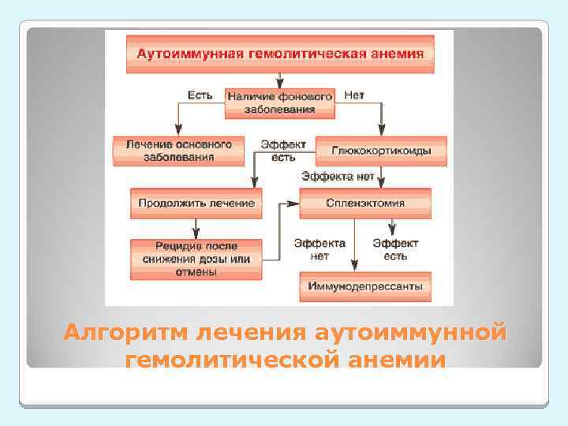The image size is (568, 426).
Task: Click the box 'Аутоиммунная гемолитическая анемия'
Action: click(x=281, y=54)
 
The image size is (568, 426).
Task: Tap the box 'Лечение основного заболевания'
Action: click(x=178, y=151)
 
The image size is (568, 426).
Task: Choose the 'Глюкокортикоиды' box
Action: click(x=381, y=151)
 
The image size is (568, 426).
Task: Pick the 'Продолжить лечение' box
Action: click(x=196, y=203)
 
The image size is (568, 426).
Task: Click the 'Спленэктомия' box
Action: click(x=365, y=203)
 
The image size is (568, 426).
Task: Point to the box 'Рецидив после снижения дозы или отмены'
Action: click(x=196, y=259)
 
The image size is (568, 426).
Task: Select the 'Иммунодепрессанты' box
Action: click(x=365, y=286)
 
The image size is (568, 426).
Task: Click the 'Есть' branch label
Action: click(x=199, y=95)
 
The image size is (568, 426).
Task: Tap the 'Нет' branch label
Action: click(x=354, y=95)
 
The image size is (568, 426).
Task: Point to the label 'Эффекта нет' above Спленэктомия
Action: click(x=337, y=177)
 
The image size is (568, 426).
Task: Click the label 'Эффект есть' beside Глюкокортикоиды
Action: click(x=283, y=151)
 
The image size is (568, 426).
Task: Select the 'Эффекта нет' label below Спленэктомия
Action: click(x=319, y=249)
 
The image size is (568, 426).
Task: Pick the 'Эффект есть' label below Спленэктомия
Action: click(x=395, y=249)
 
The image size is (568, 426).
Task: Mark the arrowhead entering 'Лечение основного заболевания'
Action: click(x=178, y=132)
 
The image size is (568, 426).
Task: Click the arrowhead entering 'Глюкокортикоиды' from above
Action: click(x=382, y=132)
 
